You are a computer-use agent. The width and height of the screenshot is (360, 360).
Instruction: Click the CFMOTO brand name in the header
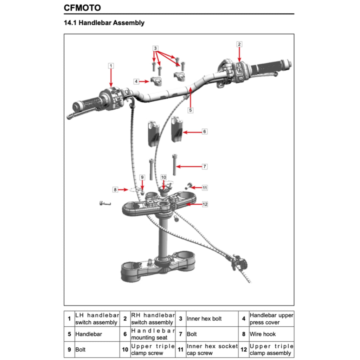tap(82, 7)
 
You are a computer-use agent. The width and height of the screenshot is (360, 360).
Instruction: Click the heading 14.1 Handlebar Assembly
tap(104, 23)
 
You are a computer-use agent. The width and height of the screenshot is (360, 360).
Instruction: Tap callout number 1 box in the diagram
tap(111, 65)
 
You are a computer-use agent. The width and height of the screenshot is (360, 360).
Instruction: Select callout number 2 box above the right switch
tap(239, 44)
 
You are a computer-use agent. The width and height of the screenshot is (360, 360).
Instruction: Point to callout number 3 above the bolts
tap(155, 48)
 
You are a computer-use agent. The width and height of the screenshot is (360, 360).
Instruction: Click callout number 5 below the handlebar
tap(190, 110)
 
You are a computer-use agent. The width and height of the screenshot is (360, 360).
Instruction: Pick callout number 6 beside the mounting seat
tap(205, 131)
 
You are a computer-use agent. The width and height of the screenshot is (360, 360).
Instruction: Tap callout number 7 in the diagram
tap(205, 166)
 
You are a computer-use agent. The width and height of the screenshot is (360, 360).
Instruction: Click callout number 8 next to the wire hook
tap(115, 189)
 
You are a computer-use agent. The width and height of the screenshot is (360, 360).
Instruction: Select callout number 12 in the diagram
tap(205, 204)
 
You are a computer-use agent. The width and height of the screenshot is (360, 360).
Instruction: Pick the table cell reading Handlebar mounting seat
tap(153, 334)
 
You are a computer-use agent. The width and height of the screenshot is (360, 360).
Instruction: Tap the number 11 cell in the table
tap(180, 349)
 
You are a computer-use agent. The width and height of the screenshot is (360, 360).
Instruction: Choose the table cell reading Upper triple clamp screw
tap(153, 349)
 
